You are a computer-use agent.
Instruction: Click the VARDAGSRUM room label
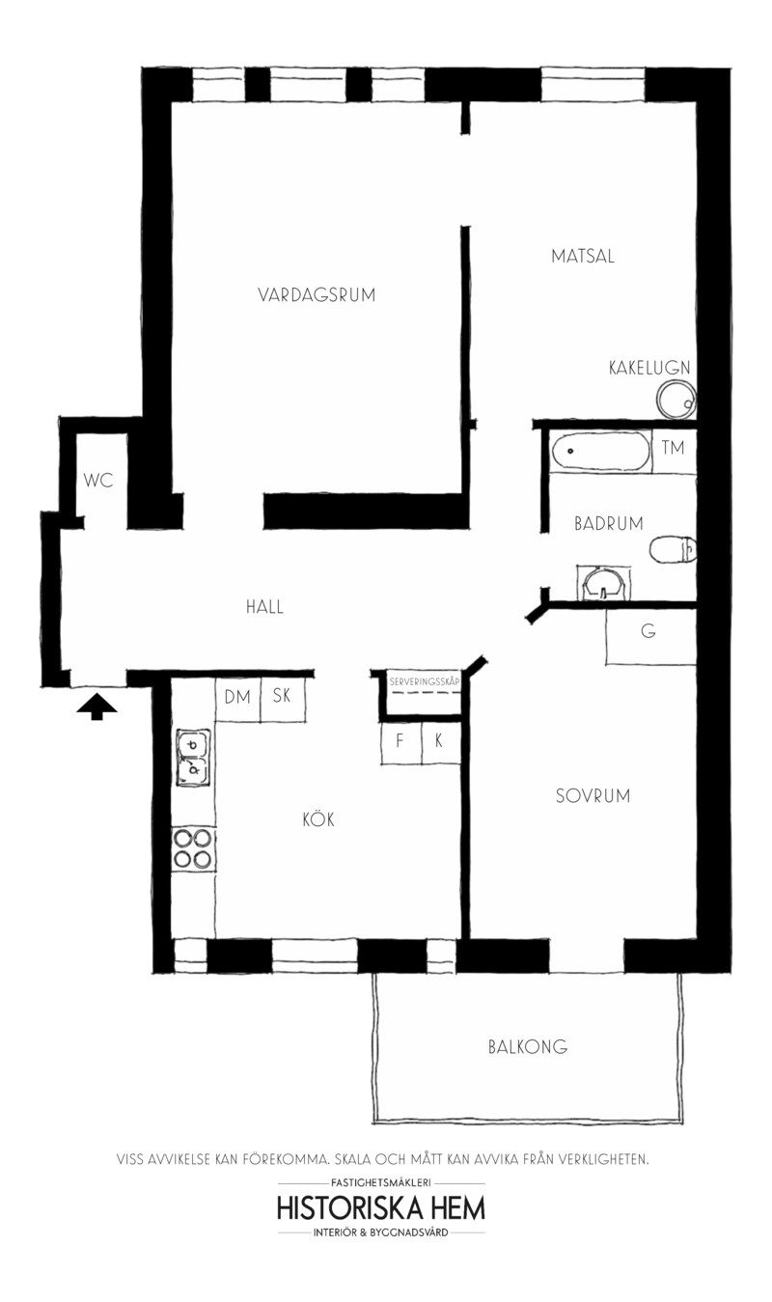click(x=316, y=295)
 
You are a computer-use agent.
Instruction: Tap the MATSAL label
click(x=583, y=257)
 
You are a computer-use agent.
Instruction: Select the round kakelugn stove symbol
click(x=675, y=399)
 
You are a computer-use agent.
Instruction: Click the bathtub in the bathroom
click(x=598, y=452)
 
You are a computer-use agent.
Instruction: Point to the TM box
click(x=674, y=448)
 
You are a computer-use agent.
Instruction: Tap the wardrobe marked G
click(x=648, y=633)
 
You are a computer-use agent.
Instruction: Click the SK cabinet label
click(x=282, y=697)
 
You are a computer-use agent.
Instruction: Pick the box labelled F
click(x=399, y=741)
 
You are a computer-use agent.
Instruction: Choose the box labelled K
click(x=439, y=741)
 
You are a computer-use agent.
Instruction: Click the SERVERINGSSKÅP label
click(x=423, y=681)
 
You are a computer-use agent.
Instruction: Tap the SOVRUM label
click(x=593, y=796)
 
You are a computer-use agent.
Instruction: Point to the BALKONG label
click(x=527, y=1046)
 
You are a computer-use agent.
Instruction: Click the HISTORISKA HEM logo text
click(x=380, y=1207)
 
